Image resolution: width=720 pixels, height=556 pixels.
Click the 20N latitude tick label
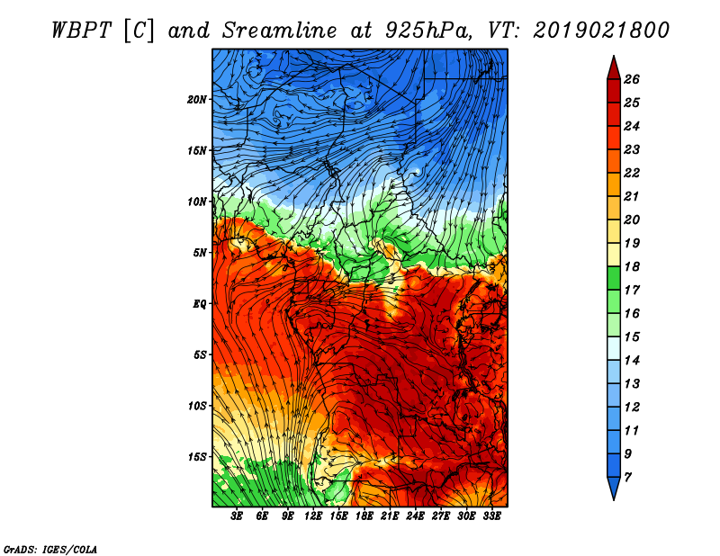tap(197, 100)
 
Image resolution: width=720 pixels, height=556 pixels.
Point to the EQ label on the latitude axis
tap(200, 304)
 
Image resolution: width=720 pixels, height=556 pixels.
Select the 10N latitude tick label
tap(197, 202)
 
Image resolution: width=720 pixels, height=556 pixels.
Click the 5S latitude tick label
tap(200, 354)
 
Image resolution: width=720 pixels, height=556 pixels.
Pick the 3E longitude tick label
tap(237, 516)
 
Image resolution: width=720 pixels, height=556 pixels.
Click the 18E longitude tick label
tap(364, 516)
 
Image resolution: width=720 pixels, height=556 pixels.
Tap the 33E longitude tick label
tap(491, 516)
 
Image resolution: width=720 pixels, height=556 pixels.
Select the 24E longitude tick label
tap(415, 516)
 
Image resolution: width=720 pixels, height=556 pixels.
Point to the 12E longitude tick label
tap(313, 516)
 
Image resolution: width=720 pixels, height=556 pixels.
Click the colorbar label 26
tap(632, 79)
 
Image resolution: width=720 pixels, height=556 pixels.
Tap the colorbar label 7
tap(627, 478)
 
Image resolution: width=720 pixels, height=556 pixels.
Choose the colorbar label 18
tap(632, 266)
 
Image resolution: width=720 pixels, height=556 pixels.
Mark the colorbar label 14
tap(632, 361)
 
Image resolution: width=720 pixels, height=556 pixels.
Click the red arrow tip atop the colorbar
tap(614, 56)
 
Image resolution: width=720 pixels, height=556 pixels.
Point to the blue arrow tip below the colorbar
tap(614, 499)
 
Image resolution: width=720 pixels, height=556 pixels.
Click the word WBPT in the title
tap(81, 31)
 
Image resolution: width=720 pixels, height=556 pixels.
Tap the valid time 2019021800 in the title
tap(601, 31)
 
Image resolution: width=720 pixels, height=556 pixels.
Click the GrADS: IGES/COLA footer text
tap(50, 550)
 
